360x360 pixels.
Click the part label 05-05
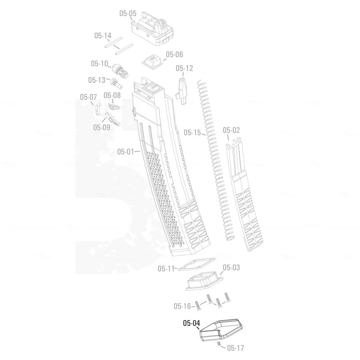[x=128, y=13]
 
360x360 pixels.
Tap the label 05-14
[x=103, y=36]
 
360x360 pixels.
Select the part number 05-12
[x=184, y=68]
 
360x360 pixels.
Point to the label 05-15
[x=192, y=132]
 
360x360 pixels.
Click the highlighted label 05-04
[x=191, y=323]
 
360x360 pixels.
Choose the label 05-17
[x=235, y=348]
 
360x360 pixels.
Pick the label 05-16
[x=182, y=306]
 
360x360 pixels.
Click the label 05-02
[x=231, y=130]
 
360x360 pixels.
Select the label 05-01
[x=126, y=152]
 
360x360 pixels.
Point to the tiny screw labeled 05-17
[x=219, y=345]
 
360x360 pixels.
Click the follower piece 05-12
[x=183, y=90]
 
